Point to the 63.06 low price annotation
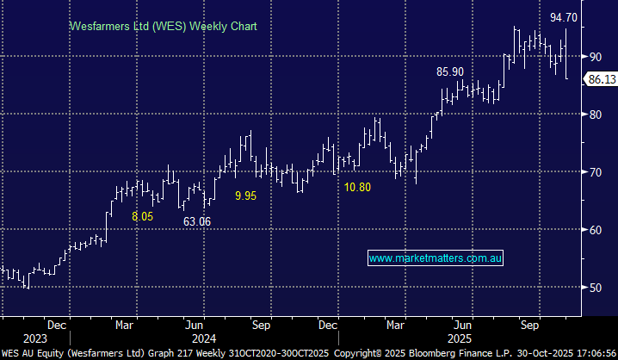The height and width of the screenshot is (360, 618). click(197, 221)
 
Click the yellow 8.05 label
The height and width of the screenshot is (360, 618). click(143, 217)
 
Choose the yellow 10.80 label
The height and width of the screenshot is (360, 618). click(357, 186)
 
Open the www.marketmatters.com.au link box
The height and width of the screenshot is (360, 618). click(436, 258)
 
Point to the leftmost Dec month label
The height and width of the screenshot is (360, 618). click(59, 325)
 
